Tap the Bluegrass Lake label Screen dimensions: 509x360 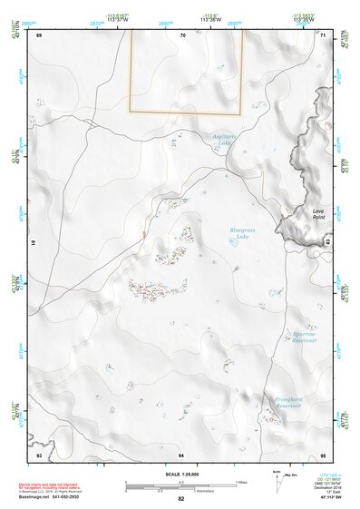[243, 232]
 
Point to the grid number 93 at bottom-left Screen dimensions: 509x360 [40, 454]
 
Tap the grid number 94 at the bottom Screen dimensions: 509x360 [182, 454]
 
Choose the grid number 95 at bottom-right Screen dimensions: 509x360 [323, 454]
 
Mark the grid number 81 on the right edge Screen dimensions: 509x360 [326, 243]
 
